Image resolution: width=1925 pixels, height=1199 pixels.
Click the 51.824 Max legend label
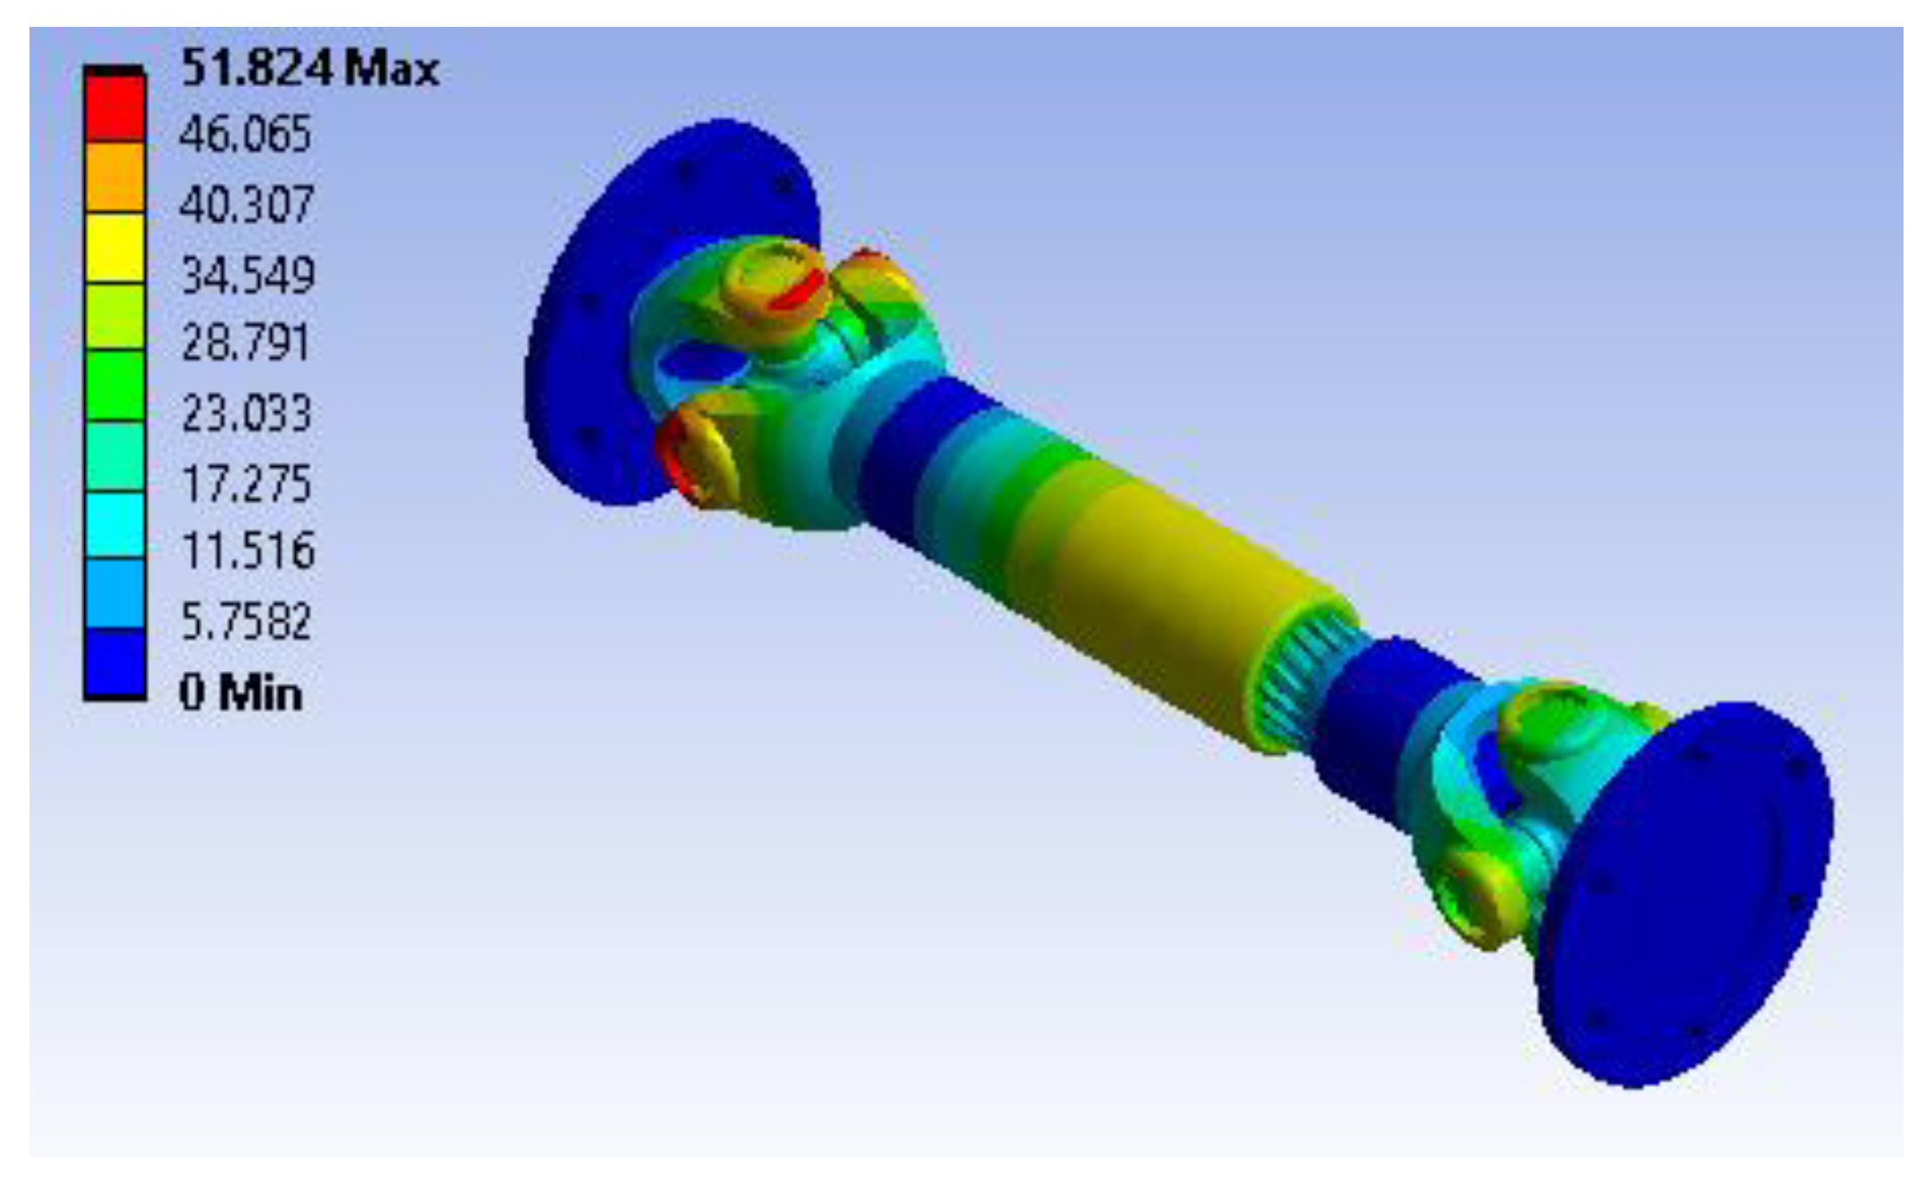(310, 68)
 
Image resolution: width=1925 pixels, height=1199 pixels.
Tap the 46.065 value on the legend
(245, 135)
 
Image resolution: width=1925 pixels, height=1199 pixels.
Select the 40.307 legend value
(246, 205)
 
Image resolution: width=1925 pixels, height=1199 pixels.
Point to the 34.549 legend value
(248, 275)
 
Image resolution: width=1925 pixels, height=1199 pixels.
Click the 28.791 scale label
(246, 343)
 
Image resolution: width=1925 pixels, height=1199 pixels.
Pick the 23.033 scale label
(247, 413)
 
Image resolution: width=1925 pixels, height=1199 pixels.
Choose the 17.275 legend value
(247, 483)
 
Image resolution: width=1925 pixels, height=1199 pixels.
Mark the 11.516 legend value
(248, 550)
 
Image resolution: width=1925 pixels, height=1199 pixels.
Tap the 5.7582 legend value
(247, 621)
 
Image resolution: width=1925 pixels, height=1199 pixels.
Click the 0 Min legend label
(241, 693)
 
